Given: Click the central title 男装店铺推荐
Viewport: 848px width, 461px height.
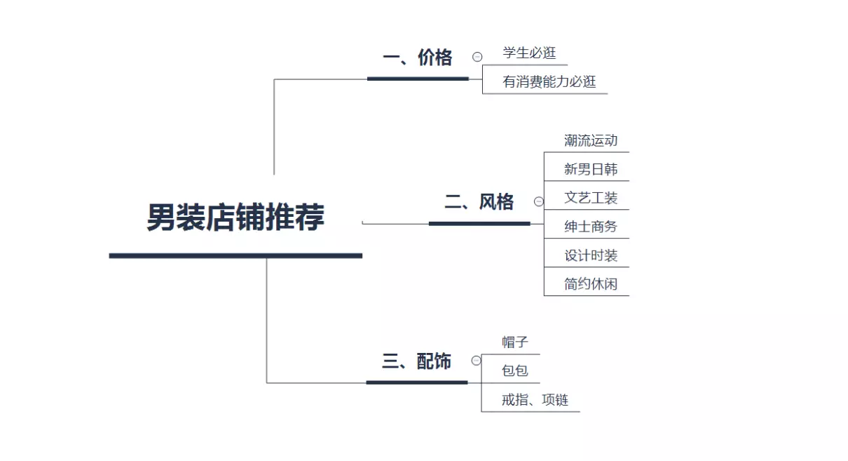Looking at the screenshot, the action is tap(235, 217).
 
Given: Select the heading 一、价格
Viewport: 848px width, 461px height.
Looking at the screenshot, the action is tap(418, 58).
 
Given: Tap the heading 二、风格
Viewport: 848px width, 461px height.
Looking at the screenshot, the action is tap(479, 201).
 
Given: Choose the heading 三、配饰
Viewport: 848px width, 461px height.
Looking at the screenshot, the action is tap(416, 361).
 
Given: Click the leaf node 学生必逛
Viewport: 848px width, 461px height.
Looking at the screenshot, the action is tap(529, 53).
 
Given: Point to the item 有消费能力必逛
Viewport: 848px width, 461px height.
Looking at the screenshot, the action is tap(549, 81).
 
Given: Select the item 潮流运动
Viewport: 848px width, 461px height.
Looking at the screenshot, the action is tap(591, 140).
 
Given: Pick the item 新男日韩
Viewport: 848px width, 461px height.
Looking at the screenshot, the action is tap(591, 169).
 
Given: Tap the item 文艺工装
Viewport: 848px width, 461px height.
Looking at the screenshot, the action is tap(591, 197).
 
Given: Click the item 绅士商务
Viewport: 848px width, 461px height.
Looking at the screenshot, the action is tap(591, 227).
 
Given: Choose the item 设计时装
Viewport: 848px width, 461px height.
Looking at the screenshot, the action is tap(591, 255).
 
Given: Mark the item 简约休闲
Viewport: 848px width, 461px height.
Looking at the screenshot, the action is tap(591, 283).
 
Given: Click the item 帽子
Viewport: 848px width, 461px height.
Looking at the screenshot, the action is tap(515, 342).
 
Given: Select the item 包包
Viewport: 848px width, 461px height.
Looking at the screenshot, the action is tap(515, 370).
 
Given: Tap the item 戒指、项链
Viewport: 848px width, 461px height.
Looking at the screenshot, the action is tap(535, 399).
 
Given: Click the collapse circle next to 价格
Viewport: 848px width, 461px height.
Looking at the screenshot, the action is tap(477, 57).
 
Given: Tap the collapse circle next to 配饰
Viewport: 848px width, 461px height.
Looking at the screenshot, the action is tap(477, 360).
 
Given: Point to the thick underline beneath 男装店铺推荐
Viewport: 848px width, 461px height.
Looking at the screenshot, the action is tap(235, 256).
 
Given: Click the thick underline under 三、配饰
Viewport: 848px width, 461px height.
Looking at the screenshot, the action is tap(417, 382).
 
